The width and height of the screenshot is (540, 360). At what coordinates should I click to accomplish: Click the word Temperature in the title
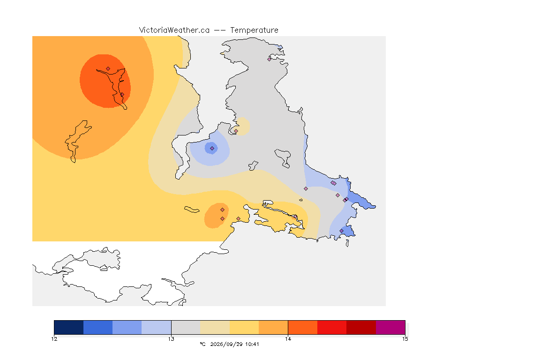[254, 30]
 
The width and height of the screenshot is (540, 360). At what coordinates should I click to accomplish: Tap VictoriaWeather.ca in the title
[174, 30]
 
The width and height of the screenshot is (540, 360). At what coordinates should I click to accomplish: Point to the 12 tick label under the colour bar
[54, 339]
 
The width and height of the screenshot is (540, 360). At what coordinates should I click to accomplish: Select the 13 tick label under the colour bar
[171, 339]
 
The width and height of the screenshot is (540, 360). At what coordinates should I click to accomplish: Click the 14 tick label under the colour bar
[288, 339]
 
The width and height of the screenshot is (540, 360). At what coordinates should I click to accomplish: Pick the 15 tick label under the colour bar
[405, 339]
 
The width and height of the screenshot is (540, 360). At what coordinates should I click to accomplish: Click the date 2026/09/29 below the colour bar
[226, 344]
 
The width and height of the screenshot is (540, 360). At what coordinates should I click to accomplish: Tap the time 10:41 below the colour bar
[252, 344]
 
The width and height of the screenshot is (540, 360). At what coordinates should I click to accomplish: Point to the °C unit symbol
[203, 344]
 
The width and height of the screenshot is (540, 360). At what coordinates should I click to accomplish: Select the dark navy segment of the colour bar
[69, 327]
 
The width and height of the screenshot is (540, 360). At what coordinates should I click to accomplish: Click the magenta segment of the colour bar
[390, 327]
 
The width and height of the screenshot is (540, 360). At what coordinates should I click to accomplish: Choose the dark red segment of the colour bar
[361, 327]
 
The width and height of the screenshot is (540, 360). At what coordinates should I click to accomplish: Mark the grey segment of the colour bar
[186, 327]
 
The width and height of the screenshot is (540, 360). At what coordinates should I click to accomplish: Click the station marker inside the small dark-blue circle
[212, 149]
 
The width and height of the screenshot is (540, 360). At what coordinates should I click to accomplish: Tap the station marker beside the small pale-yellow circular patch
[236, 131]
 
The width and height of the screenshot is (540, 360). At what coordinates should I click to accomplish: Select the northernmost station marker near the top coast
[270, 59]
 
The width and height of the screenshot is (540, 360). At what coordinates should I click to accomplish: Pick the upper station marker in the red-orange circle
[108, 69]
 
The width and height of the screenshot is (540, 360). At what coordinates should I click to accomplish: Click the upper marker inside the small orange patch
[223, 210]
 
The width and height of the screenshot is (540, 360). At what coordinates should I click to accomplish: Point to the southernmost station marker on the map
[342, 231]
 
